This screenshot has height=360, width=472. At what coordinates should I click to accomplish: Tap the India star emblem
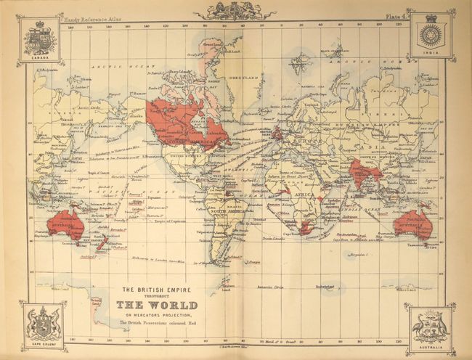click(431, 36)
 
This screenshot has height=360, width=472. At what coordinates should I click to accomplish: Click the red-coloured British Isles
click(277, 133)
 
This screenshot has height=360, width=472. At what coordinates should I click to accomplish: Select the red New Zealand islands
click(102, 244)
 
